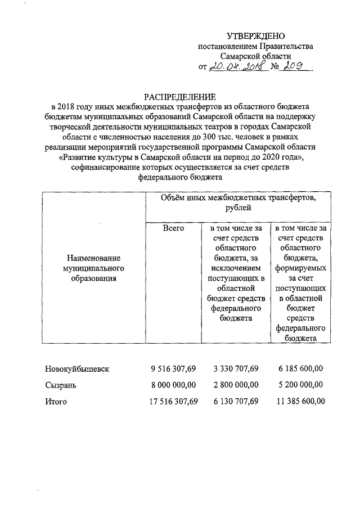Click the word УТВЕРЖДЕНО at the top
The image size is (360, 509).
256,35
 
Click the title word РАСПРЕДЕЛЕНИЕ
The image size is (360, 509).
179,96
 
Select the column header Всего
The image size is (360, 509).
173,228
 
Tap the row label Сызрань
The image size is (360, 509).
61,385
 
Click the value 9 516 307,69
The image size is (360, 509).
173,369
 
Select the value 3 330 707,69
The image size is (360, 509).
236,369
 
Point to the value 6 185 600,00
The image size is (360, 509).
300,369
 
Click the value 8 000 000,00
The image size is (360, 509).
173,385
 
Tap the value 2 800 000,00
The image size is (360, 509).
236,385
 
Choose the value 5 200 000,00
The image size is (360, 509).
300,385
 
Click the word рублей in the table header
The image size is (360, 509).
238,208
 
